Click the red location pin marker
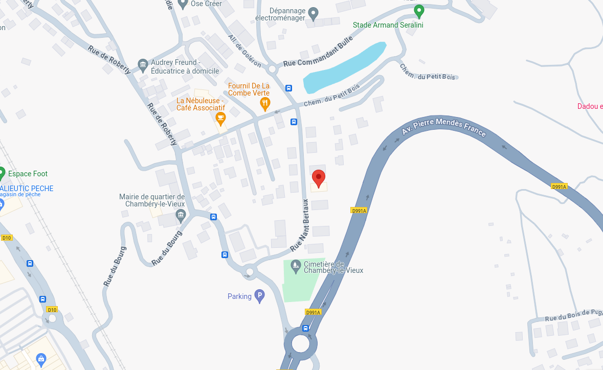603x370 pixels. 319,178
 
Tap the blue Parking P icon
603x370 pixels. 260,296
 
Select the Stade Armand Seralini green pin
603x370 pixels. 419,11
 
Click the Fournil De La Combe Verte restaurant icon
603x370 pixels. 265,104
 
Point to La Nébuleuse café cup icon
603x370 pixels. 220,119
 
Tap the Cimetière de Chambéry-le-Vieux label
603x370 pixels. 333,267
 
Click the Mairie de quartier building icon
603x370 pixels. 180,216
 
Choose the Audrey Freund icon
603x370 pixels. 143,64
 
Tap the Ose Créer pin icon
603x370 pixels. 183,4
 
